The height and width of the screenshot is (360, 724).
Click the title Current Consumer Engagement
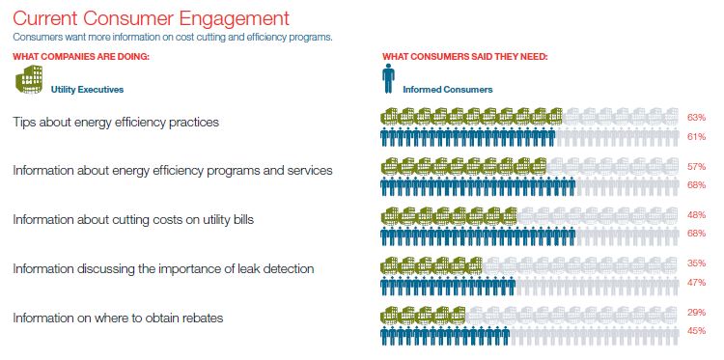[151, 17]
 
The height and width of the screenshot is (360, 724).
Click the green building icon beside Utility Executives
[28, 81]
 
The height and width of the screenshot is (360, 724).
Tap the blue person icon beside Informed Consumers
[388, 77]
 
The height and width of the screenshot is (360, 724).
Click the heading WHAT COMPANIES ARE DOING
[81, 56]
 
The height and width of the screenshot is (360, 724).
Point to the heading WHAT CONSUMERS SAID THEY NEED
[465, 56]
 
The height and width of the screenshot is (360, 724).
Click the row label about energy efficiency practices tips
[116, 123]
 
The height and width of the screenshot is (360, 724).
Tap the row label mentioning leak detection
[163, 268]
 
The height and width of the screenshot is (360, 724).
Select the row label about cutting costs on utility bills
[133, 220]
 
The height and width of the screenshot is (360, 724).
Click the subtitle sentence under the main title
[173, 37]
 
